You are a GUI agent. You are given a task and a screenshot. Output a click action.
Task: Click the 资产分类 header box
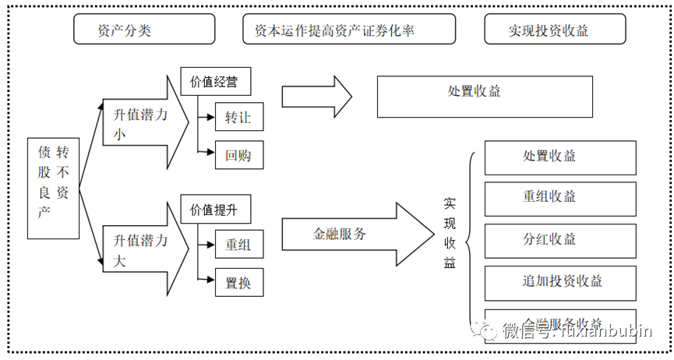tap(144, 29)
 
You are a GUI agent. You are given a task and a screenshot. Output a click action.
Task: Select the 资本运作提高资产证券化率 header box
tap(348, 29)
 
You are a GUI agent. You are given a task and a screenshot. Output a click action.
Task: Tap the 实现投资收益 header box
tap(554, 29)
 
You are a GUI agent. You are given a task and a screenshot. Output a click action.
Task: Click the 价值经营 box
tap(215, 81)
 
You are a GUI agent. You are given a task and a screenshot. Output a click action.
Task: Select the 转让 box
tap(239, 117)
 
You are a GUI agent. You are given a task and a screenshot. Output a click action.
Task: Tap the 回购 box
tap(239, 154)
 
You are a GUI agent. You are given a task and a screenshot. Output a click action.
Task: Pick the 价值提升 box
tap(215, 210)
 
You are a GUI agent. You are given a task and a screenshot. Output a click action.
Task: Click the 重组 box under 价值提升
tap(239, 244)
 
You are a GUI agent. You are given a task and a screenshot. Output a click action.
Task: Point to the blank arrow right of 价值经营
tap(316, 97)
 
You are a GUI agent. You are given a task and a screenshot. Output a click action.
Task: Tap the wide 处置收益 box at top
tap(484, 97)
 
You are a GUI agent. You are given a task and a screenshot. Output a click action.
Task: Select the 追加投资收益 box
tap(560, 281)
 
